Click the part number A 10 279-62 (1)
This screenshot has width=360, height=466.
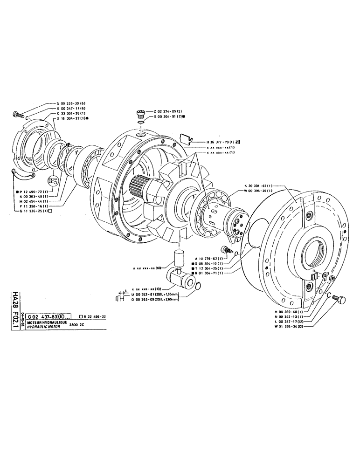pos(208,257)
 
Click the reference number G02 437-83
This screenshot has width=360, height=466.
pos(41,316)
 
